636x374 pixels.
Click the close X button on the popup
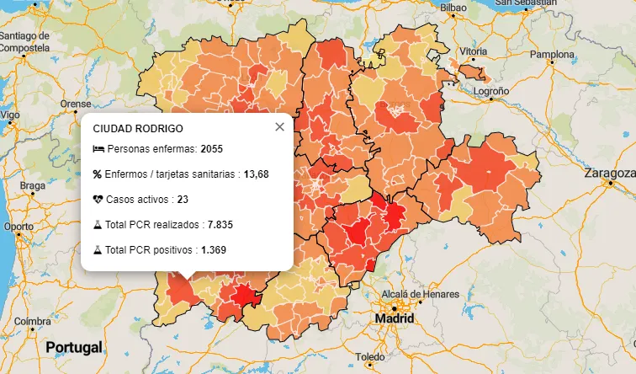pyautogui.click(x=279, y=126)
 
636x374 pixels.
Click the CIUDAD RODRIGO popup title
pyautogui.click(x=137, y=128)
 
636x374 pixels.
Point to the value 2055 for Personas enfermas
pyautogui.click(x=212, y=149)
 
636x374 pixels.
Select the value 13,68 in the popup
pyautogui.click(x=257, y=174)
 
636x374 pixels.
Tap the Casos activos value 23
pyautogui.click(x=183, y=200)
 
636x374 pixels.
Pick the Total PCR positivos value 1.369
pyautogui.click(x=214, y=250)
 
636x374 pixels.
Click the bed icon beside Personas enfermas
pyautogui.click(x=98, y=149)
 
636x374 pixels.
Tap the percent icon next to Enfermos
pyautogui.click(x=98, y=174)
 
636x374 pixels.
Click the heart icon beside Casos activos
pyautogui.click(x=98, y=200)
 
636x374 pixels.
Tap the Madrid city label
pyautogui.click(x=395, y=320)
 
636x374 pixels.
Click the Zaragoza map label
pyautogui.click(x=610, y=174)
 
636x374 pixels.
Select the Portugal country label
pyautogui.click(x=74, y=347)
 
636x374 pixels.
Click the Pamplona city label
pyautogui.click(x=552, y=55)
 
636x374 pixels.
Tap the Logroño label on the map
pyautogui.click(x=492, y=90)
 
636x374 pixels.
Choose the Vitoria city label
pyautogui.click(x=474, y=51)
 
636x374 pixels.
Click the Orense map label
pyautogui.click(x=76, y=104)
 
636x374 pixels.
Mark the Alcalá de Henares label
pyautogui.click(x=421, y=294)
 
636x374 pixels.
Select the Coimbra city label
pyautogui.click(x=33, y=322)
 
